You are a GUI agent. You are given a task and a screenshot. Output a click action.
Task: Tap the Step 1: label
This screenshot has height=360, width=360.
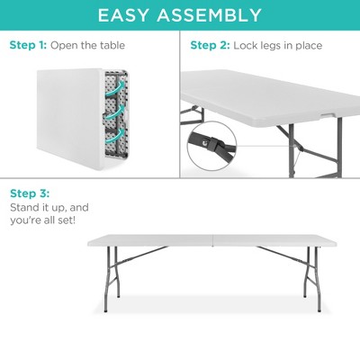[x=27, y=45]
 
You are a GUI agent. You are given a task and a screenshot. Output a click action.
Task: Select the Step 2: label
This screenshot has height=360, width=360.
[x=209, y=45]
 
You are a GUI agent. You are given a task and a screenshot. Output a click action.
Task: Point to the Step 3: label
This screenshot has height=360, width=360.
[x=29, y=193]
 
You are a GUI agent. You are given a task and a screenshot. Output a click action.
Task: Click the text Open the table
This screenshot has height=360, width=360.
[x=87, y=45]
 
